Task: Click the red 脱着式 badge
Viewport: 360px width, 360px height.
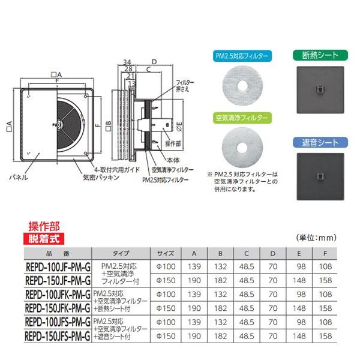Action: pos(43,238)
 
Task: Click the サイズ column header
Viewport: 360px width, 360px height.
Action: pos(166,253)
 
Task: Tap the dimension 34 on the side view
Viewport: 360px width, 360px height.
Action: pos(127,62)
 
